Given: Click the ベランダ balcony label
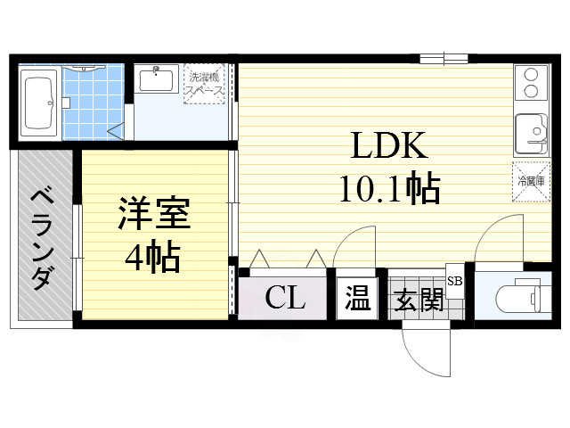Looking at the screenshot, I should click(x=41, y=238).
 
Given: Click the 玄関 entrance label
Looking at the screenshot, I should click(x=418, y=300).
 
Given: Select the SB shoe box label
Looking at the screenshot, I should click(x=454, y=281).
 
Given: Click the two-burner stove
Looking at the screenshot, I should click(x=532, y=83).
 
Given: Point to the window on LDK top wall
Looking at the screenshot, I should click(x=443, y=59).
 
